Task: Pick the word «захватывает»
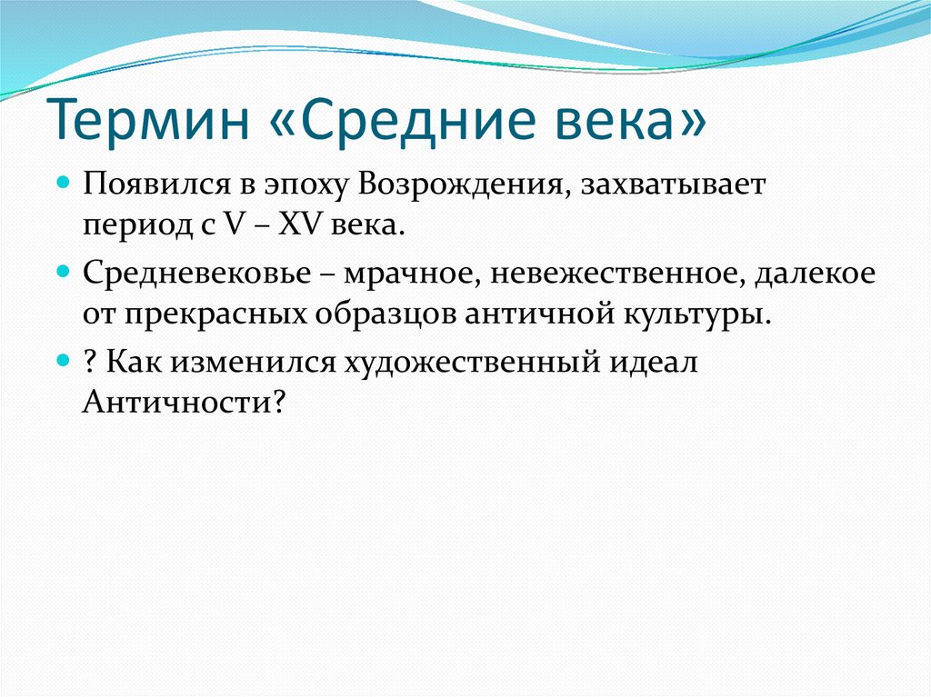click(x=673, y=185)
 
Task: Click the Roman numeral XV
click(x=299, y=225)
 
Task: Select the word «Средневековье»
click(x=196, y=274)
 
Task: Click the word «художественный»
click(x=473, y=363)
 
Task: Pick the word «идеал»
click(x=654, y=363)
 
